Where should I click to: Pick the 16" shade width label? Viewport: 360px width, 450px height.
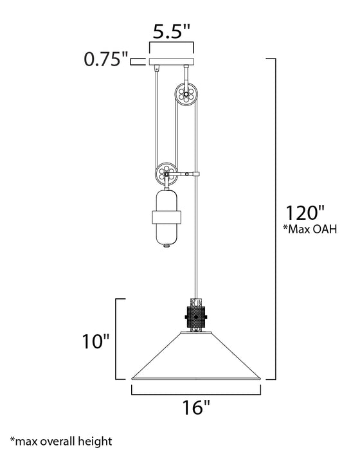pos(195,407)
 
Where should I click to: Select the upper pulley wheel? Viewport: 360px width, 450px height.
pos(186,96)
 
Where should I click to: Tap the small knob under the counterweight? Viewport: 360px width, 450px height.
pos(166,246)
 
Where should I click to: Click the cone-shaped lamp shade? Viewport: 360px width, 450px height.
pos(195,360)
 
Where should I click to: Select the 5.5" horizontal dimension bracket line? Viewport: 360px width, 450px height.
pos(171,45)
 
